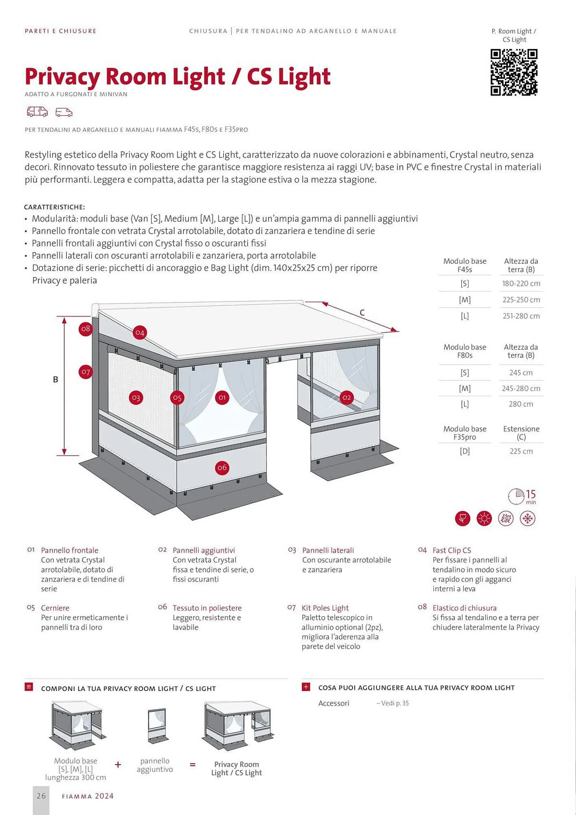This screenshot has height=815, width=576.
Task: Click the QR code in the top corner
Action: coord(514,72)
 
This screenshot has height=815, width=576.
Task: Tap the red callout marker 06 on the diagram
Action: coord(222,468)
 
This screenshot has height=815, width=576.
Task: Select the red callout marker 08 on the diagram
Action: coord(85,329)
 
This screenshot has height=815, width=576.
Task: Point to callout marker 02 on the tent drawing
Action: coord(346,397)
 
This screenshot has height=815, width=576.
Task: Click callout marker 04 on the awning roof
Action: coord(140,333)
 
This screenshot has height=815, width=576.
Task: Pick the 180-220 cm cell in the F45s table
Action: coord(521,284)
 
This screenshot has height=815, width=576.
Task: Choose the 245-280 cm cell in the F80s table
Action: coord(521,389)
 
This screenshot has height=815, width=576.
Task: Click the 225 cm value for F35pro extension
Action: coord(521,451)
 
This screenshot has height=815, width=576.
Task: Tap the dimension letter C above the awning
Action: coord(362,313)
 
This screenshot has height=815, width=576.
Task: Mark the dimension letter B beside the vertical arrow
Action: coord(55,379)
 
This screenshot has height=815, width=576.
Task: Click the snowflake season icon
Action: coord(528,519)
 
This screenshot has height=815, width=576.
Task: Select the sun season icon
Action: coord(484,519)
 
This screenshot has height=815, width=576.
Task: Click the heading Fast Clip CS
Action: coord(452,550)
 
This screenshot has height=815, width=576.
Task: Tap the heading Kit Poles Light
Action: coord(325,608)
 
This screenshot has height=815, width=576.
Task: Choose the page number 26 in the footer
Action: coord(41,796)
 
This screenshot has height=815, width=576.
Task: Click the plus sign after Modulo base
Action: coord(118,764)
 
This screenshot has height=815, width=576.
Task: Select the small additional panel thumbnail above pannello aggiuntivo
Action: coord(157,725)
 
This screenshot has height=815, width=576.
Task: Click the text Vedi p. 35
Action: coord(393,703)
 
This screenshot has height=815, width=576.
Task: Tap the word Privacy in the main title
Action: coord(62,77)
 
